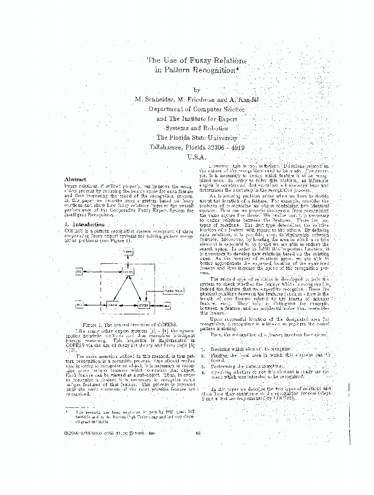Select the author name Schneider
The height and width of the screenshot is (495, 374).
coord(160,99)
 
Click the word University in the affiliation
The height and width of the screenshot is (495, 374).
coord(216,138)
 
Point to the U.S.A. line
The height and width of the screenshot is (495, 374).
coord(196,157)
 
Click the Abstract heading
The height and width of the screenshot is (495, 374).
coord(75,179)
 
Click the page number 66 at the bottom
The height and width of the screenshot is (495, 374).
coord(198,434)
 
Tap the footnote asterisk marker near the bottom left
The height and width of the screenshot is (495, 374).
coord(66,410)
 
